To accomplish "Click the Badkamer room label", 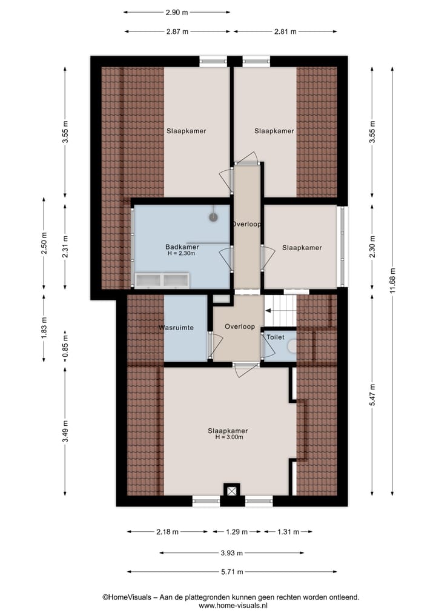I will pyautogui.click(x=182, y=247).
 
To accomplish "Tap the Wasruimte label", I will pyautogui.click(x=176, y=327).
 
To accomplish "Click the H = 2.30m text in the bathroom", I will pyautogui.click(x=182, y=254).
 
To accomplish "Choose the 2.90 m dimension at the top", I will pyautogui.click(x=176, y=12).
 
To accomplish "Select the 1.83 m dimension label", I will pyautogui.click(x=44, y=328).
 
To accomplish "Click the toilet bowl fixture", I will pyautogui.click(x=293, y=347).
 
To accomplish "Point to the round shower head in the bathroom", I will pyautogui.click(x=213, y=216).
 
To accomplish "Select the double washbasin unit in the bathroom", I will pyautogui.click(x=162, y=280).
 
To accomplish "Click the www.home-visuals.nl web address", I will pyautogui.click(x=233, y=605).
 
